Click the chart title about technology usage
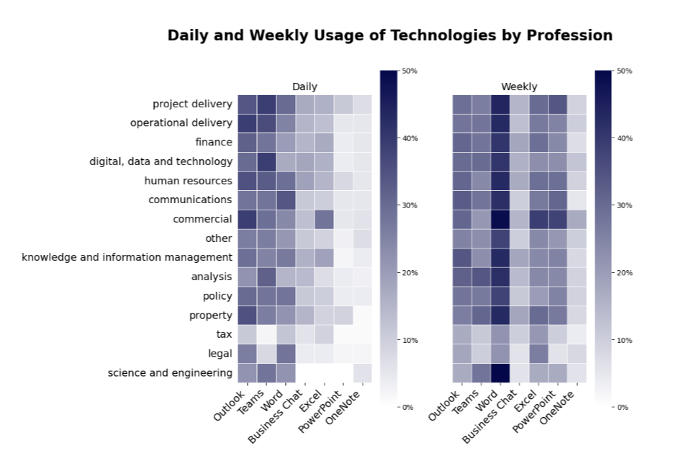click(389, 35)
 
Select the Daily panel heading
click(304, 86)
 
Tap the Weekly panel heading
click(519, 86)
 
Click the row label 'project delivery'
click(192, 104)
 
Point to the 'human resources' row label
click(188, 181)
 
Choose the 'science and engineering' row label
click(170, 372)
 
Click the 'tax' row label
click(223, 334)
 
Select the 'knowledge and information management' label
click(127, 257)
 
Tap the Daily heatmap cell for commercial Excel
click(324, 219)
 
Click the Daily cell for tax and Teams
click(266, 334)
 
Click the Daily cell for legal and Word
click(286, 354)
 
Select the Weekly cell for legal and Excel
click(538, 354)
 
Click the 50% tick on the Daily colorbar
click(410, 71)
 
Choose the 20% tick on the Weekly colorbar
click(625, 272)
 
